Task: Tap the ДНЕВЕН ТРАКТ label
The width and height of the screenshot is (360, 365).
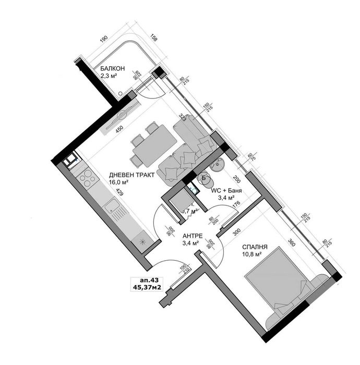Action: click(x=131, y=175)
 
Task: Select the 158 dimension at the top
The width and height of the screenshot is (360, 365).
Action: click(x=153, y=38)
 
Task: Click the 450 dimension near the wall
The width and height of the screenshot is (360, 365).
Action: click(x=119, y=130)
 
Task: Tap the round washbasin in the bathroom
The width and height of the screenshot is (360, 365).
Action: click(x=218, y=164)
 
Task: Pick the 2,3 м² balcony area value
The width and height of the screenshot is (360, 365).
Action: click(x=109, y=76)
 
